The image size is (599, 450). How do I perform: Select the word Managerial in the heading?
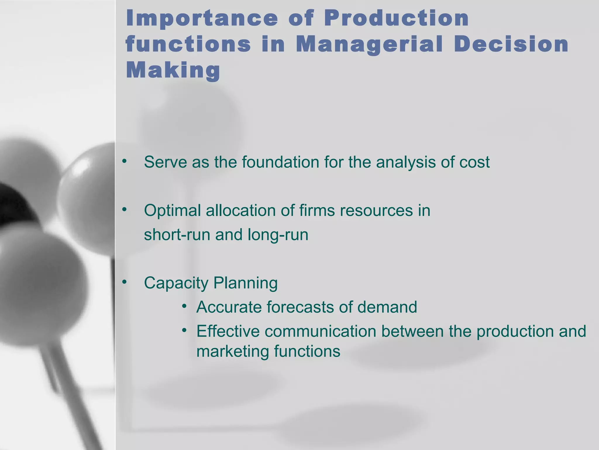[x=369, y=45]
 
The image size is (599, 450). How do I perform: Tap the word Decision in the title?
[x=511, y=45]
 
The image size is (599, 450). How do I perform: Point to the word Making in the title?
[x=173, y=71]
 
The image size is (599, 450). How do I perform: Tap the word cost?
[x=474, y=162]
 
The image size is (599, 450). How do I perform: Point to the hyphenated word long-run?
[x=278, y=235]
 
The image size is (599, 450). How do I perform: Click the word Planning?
[x=245, y=283]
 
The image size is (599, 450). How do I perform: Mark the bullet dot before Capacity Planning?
[x=124, y=282]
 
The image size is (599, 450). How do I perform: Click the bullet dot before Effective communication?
[x=184, y=330]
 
